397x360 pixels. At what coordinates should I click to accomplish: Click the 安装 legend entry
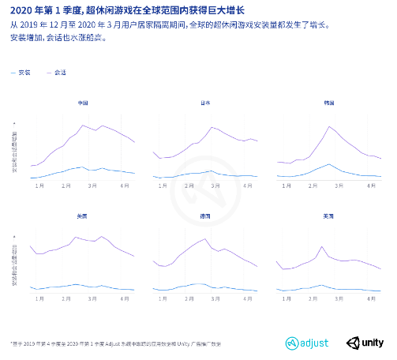pyautogui.click(x=23, y=73)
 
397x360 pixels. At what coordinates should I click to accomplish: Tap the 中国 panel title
pyautogui.click(x=83, y=103)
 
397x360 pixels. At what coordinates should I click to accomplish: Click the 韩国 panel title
pyautogui.click(x=329, y=103)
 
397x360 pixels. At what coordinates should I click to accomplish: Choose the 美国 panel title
pyautogui.click(x=83, y=216)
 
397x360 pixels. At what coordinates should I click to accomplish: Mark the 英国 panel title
pyautogui.click(x=329, y=216)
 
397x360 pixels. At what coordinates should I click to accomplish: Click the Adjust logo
pyautogui.click(x=309, y=343)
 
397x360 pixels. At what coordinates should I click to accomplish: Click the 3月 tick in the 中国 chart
pyautogui.click(x=92, y=186)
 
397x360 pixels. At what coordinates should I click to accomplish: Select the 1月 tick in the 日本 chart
pyautogui.click(x=163, y=186)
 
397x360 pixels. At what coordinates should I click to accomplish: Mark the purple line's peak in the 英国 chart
pyautogui.click(x=321, y=247)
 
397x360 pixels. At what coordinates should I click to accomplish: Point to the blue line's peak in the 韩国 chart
pyautogui.click(x=329, y=164)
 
